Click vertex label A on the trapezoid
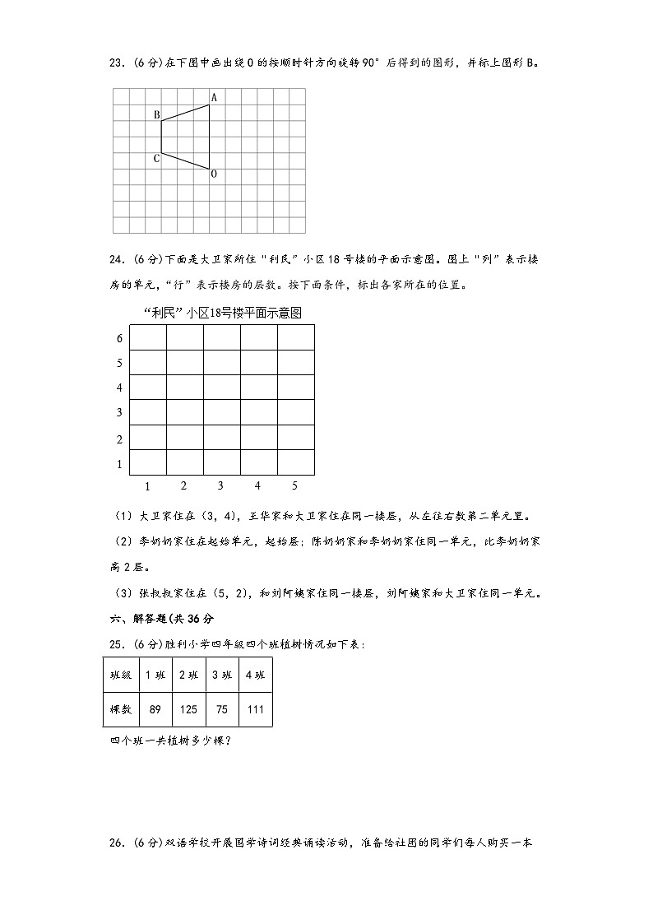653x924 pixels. click(x=214, y=98)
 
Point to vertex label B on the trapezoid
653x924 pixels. click(x=156, y=115)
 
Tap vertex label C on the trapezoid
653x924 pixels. click(x=156, y=158)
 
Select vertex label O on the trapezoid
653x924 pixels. click(x=214, y=174)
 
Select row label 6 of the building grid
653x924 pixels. click(x=119, y=339)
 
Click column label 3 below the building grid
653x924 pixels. click(x=220, y=485)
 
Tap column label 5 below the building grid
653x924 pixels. click(x=294, y=485)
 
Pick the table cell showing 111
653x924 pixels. click(x=255, y=709)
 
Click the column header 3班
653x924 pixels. click(x=221, y=676)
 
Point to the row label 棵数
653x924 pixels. click(x=121, y=709)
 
